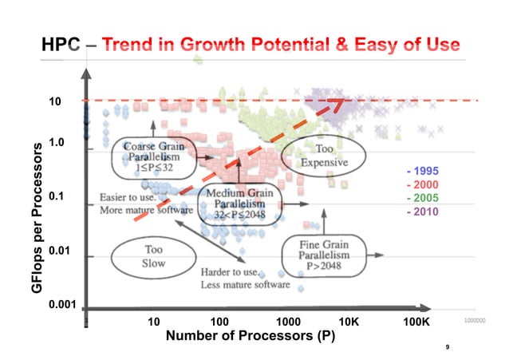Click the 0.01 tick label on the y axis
pos(60,251)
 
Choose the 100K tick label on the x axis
pos(416,321)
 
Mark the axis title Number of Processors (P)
pos(250,335)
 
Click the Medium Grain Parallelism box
pos(238,205)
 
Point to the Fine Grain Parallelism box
pos(322,254)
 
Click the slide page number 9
pos(448,346)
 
